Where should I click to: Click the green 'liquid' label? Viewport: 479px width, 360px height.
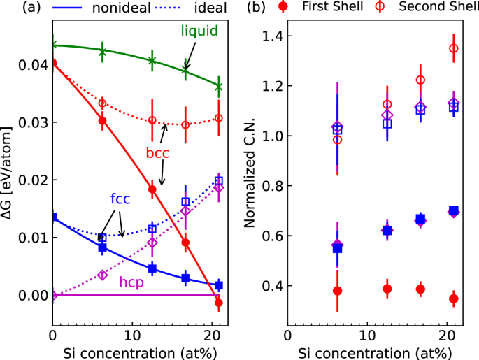(198, 31)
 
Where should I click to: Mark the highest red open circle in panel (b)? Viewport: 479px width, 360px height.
(453, 48)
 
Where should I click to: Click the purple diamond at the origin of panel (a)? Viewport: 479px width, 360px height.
(52, 296)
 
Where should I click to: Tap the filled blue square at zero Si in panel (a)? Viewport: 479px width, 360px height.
(52, 217)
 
